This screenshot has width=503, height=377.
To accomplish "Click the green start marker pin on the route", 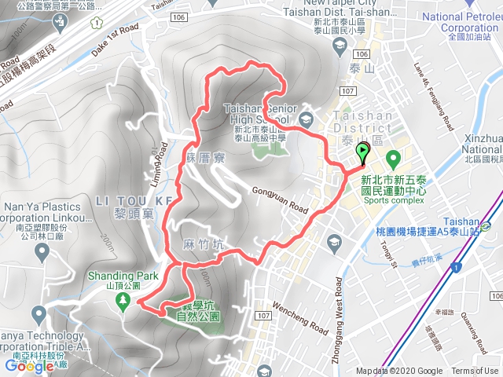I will (x=362, y=152).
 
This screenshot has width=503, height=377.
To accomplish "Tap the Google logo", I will (x=29, y=366).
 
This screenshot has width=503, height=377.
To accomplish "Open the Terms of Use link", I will (x=475, y=372).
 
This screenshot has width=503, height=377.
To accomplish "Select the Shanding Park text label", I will (x=123, y=276).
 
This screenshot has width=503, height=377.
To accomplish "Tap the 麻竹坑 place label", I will (x=202, y=244).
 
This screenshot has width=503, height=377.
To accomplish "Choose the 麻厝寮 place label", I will (x=206, y=158).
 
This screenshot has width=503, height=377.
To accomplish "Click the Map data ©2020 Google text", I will (x=398, y=372).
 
